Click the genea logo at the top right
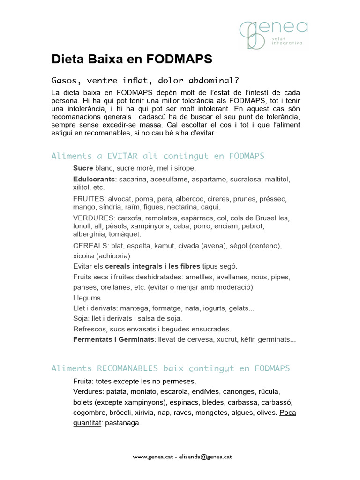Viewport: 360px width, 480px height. point(273,34)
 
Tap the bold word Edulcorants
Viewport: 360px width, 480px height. point(94,180)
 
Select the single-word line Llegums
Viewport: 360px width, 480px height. point(87,298)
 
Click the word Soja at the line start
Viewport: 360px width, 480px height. point(81,318)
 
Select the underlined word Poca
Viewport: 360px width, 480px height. point(287,412)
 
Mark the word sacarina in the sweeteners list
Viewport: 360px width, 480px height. point(133,180)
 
